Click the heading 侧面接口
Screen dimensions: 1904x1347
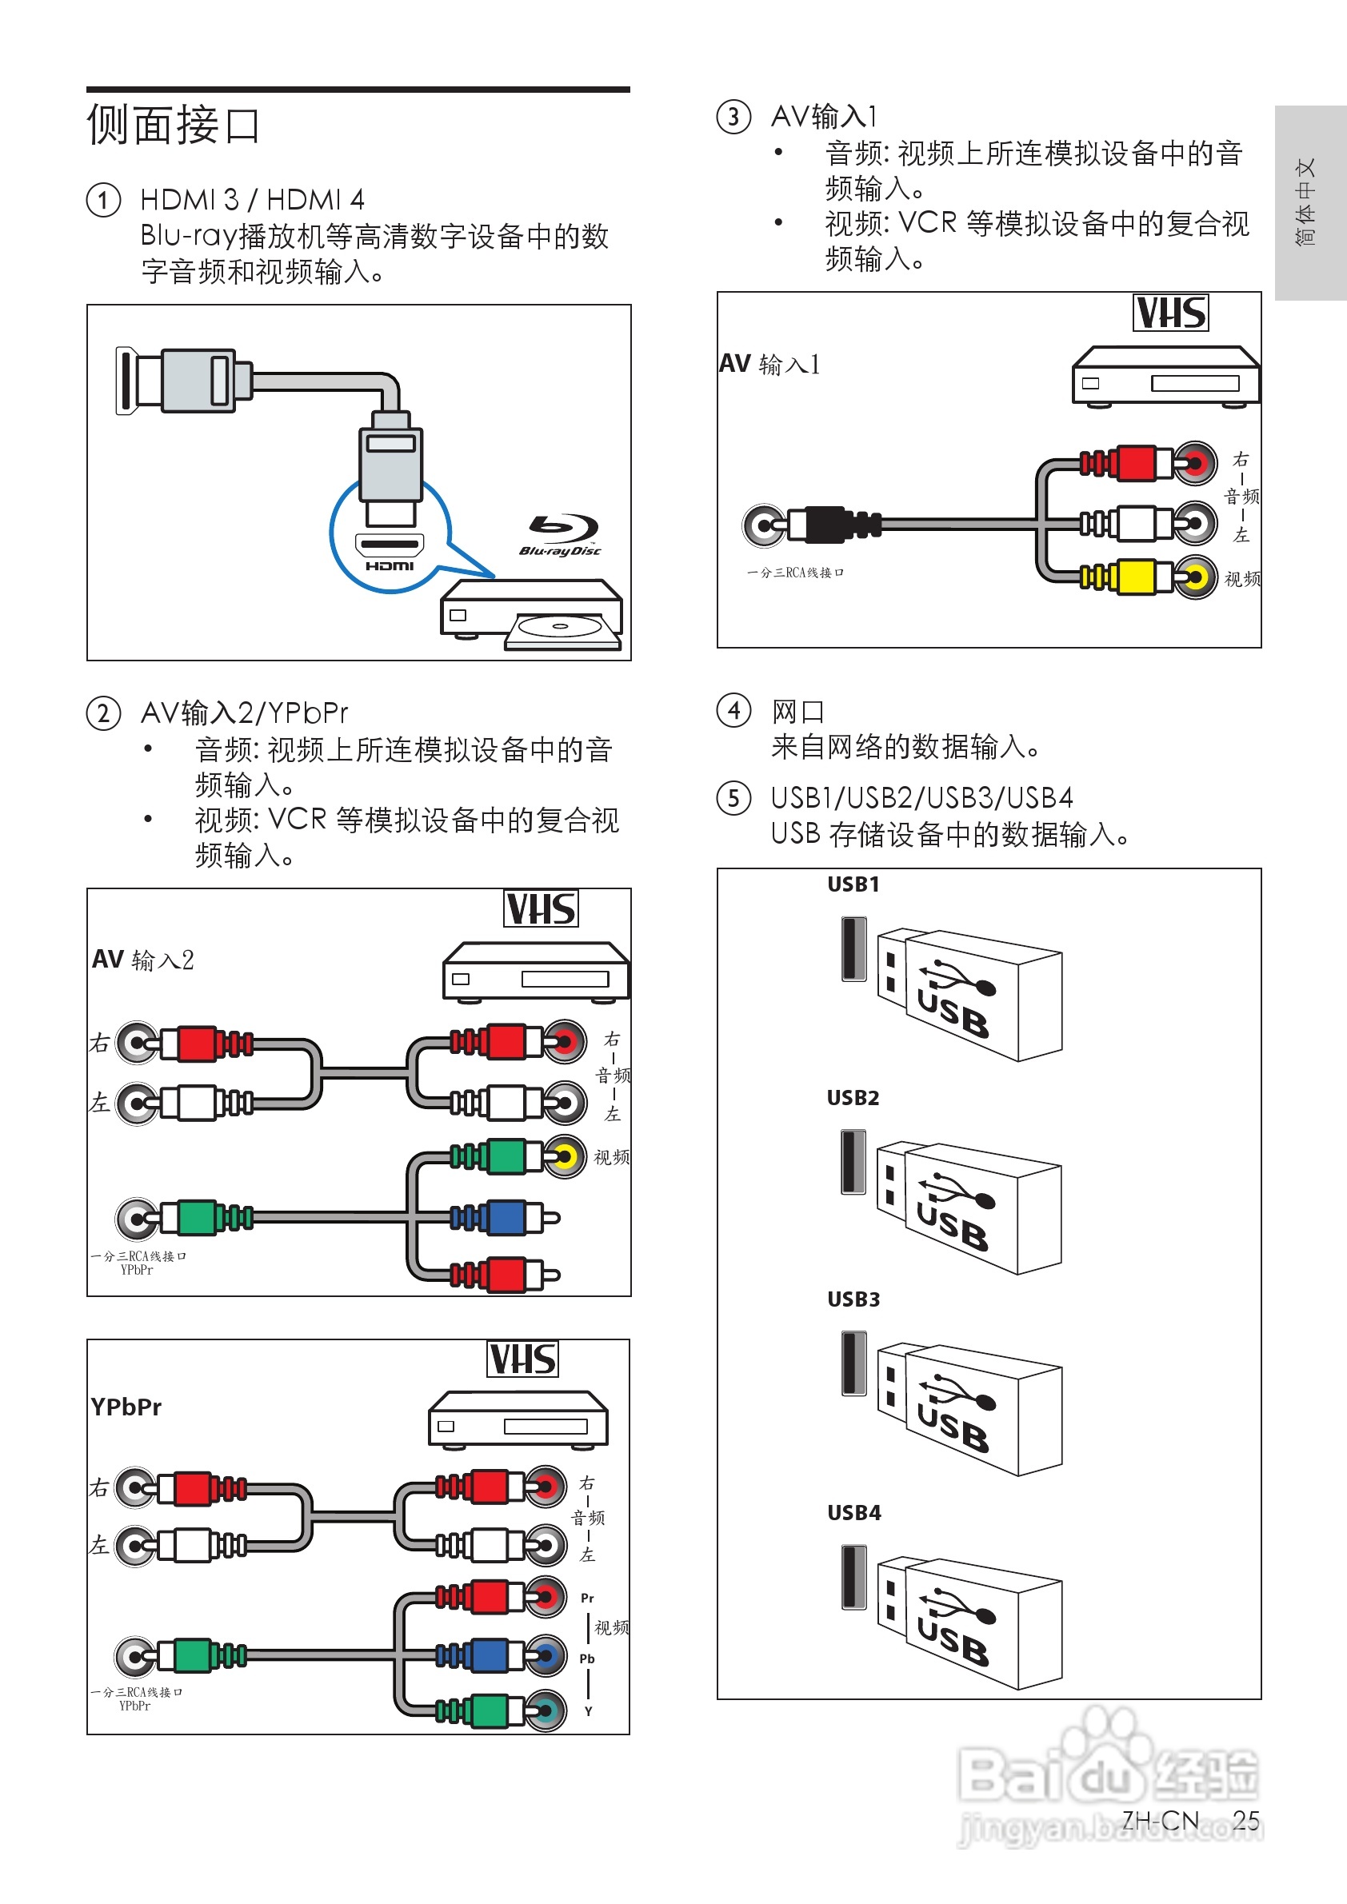pyautogui.click(x=174, y=126)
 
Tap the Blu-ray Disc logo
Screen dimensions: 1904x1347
pyautogui.click(x=562, y=536)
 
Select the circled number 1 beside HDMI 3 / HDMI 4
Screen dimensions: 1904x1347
pyautogui.click(x=104, y=201)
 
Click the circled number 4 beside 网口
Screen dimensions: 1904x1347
pyautogui.click(x=734, y=712)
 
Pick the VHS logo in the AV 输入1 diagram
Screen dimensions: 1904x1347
pyautogui.click(x=1170, y=313)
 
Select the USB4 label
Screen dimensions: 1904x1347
pyautogui.click(x=853, y=1513)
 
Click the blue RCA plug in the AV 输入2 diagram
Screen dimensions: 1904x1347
pyautogui.click(x=506, y=1217)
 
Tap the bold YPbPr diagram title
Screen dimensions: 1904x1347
pyautogui.click(x=126, y=1407)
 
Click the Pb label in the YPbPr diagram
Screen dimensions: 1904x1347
pyautogui.click(x=587, y=1659)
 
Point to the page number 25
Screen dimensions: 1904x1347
pyautogui.click(x=1245, y=1820)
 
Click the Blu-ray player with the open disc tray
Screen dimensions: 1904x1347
pyautogui.click(x=532, y=614)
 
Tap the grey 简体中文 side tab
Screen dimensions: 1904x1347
pyautogui.click(x=1309, y=202)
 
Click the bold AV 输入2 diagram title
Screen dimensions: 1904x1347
pyautogui.click(x=142, y=960)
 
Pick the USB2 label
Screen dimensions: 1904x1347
pyautogui.click(x=853, y=1098)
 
